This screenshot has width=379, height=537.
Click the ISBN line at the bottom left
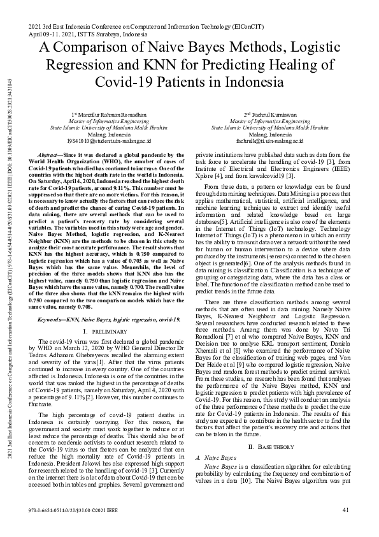pos(75,509)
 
